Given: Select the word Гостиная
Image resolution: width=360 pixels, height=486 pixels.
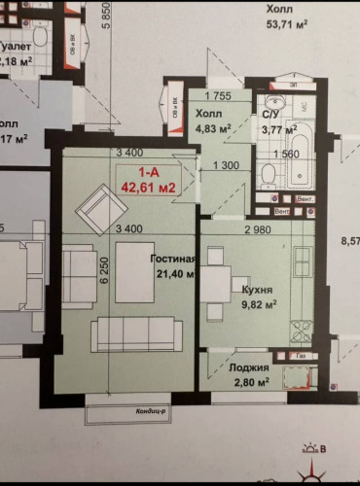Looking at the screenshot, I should coord(174,260).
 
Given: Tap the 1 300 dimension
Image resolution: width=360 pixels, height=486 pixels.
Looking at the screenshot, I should coord(226,164).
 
